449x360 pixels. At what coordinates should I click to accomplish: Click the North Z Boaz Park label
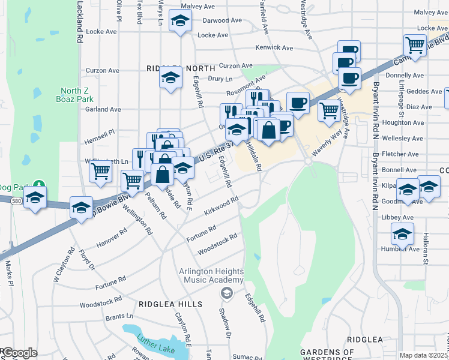(74, 95)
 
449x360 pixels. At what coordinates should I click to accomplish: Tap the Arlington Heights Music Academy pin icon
(226, 292)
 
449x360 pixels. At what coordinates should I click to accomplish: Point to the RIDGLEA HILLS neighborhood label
(170, 304)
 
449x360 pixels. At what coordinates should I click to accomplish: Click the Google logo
(19, 352)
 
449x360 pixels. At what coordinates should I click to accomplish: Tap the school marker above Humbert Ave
(402, 233)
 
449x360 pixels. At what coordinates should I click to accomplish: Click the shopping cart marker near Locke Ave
(415, 44)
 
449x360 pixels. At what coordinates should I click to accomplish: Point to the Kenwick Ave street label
(274, 47)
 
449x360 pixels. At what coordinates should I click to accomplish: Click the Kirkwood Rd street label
(221, 206)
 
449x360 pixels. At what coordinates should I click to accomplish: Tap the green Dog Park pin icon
(39, 184)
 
